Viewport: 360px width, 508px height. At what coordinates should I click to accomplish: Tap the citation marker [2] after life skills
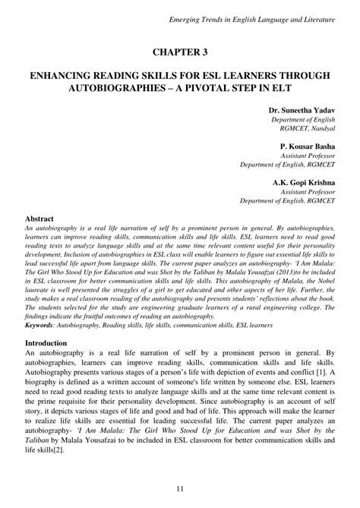58,451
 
